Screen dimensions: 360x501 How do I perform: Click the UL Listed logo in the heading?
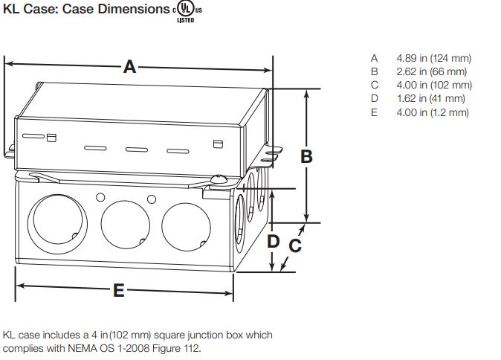pyautogui.click(x=185, y=12)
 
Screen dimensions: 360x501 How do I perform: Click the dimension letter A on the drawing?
pyautogui.click(x=130, y=68)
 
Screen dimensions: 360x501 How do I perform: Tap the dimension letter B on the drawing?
pyautogui.click(x=306, y=156)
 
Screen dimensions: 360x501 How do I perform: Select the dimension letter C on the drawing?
pyautogui.click(x=295, y=244)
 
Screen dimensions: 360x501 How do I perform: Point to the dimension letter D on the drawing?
pyautogui.click(x=273, y=241)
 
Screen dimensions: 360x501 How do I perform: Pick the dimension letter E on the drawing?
pyautogui.click(x=118, y=291)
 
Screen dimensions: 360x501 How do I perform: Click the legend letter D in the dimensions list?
pyautogui.click(x=375, y=98)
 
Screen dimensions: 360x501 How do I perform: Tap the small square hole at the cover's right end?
pyautogui.click(x=218, y=144)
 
